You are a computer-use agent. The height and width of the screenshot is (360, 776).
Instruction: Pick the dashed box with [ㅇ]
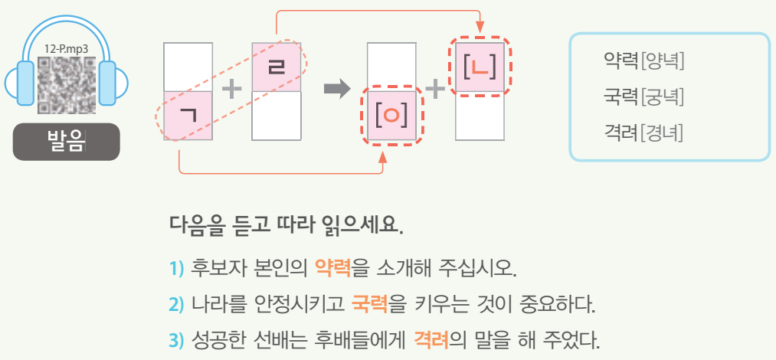click(x=391, y=116)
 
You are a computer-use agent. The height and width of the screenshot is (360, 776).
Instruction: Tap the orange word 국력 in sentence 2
click(x=369, y=304)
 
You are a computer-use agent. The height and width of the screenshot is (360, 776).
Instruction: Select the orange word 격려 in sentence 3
click(x=430, y=339)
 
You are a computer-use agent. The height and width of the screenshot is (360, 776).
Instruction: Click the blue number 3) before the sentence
click(x=176, y=339)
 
